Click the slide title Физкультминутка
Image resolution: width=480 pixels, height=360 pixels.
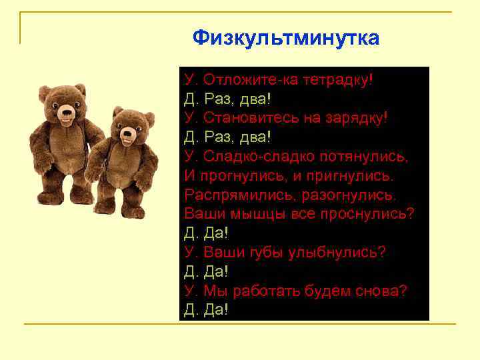coord(286,38)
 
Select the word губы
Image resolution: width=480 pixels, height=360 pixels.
coord(269,253)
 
